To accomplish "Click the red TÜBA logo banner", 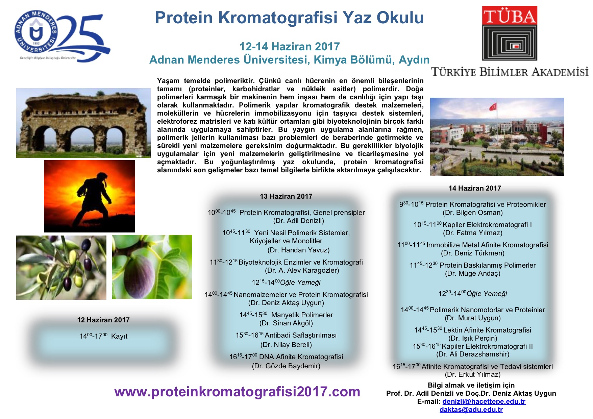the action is point(510,15).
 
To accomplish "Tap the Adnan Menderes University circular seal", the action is point(35,32).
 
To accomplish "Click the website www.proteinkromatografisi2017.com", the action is point(237,392).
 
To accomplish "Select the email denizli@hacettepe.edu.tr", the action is point(484,401).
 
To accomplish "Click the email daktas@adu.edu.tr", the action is point(471,410).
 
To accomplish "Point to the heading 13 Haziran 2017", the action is point(286,196).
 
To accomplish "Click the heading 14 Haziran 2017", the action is point(475,188).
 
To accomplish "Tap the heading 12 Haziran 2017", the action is point(103,320).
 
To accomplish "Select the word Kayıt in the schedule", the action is point(119,336).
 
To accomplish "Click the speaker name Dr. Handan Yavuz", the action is point(298,250).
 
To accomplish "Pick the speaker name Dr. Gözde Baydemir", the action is point(286,366).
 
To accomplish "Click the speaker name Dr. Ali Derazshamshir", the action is point(473,354).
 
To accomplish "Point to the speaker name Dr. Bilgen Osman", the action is point(473,213).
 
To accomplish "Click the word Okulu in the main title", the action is point(400,18).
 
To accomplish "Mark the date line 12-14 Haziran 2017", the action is point(290,46).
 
